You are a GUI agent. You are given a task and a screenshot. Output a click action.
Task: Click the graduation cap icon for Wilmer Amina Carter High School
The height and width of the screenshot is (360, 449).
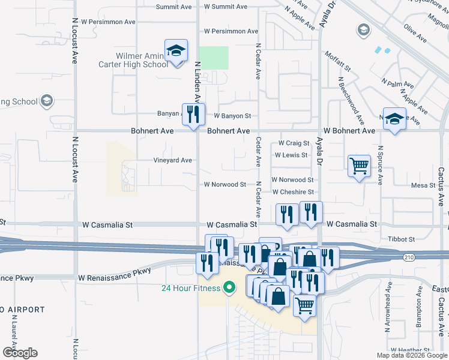coord(176,52)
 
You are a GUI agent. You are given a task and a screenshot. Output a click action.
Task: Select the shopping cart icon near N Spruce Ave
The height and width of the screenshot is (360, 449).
coord(359,164)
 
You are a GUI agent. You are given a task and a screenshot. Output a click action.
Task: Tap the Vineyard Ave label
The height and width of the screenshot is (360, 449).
coord(173,160)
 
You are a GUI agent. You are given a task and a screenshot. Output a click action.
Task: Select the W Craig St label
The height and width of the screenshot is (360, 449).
coord(294,143)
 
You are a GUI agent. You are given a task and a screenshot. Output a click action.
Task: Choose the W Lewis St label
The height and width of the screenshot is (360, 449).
coord(291,155)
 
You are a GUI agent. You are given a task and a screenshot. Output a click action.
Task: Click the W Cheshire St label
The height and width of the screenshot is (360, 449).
coord(293,192)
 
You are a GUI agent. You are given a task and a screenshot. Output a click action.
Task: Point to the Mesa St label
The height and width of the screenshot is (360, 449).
coord(423,185)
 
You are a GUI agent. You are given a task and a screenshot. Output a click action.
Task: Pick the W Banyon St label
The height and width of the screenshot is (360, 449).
coord(228,116)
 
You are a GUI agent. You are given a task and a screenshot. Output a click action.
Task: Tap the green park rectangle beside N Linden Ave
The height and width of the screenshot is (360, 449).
coord(214,58)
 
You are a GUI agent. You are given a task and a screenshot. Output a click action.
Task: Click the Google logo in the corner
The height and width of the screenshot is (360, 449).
coord(20,352)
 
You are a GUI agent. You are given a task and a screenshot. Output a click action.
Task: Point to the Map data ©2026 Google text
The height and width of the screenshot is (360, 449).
coord(411,355)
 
